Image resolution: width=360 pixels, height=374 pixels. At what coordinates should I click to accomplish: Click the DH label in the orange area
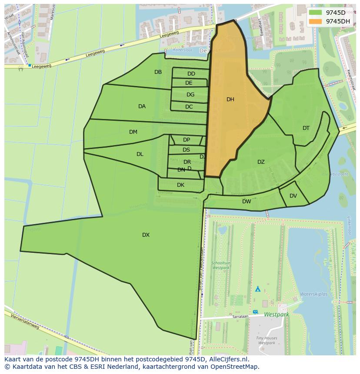230,99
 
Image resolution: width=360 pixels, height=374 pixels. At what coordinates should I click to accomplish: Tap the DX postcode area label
146,235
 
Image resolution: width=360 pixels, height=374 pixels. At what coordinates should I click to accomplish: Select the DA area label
142,106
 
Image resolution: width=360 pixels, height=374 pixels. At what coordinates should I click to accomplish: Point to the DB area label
158,72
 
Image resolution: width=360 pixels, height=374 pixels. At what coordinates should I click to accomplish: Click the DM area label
133,132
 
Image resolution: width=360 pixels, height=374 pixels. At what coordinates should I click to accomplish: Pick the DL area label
140,154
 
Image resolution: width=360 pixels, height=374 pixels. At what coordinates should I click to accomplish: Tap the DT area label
306,128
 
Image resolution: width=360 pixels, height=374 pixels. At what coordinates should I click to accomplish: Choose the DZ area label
261,162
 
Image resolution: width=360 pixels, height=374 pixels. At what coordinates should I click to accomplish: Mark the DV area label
293,196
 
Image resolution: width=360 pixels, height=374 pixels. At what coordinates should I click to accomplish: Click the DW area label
247,202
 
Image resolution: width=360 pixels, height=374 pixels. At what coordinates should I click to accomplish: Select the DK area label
180,185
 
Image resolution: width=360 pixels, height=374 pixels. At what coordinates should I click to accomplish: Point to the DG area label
190,95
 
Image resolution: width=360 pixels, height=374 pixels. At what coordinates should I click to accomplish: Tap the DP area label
187,140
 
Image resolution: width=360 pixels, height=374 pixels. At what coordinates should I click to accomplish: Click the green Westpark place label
276,314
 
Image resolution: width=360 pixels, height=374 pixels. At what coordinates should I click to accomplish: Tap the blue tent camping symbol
258,288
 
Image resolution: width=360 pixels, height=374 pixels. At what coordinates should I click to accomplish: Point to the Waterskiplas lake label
313,294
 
